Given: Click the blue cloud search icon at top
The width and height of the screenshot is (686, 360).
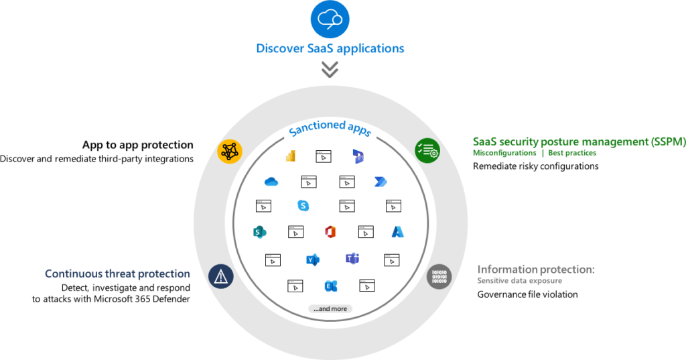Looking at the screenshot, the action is click(330, 19).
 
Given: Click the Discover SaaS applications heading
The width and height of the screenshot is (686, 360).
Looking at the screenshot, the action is click(330, 48).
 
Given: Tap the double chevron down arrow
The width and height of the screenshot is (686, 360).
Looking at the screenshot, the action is click(330, 69).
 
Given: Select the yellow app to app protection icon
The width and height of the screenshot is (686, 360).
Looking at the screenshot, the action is click(230, 152).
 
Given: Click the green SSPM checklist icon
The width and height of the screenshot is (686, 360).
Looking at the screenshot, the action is click(427, 150).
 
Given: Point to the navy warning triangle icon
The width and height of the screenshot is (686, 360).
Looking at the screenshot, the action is click(221, 276).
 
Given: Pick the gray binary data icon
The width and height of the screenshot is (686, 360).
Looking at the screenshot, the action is click(439, 277).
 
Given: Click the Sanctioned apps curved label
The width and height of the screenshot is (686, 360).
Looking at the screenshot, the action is click(330, 128).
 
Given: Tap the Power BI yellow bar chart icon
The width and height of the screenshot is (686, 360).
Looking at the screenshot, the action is click(291, 156).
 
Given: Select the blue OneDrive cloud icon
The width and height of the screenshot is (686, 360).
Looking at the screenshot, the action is click(271, 181).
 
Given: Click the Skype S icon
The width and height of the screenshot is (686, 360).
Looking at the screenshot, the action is click(303, 205).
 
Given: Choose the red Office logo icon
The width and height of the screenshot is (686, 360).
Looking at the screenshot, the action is click(330, 232).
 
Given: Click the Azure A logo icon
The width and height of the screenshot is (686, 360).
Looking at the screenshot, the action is click(398, 232).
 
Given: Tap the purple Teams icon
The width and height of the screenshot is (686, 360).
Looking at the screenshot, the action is click(352, 259).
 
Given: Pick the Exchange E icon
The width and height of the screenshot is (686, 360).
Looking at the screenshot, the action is click(331, 286).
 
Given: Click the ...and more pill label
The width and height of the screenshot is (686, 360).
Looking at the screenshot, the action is click(330, 309).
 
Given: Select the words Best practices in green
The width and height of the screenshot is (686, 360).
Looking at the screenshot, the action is click(572, 153).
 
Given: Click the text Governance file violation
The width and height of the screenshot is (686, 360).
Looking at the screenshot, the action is click(528, 294).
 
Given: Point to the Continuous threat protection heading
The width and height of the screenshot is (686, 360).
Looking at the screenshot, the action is click(117, 274).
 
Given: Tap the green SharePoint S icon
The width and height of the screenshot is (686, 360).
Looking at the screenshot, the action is click(259, 232).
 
